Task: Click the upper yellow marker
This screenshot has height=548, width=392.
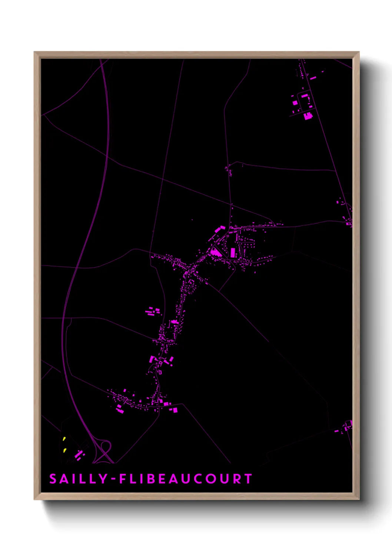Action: [x=64, y=439]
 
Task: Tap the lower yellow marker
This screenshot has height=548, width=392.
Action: [x=64, y=450]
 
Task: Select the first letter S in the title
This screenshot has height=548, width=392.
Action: [x=53, y=479]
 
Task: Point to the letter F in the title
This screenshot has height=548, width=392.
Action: [x=122, y=479]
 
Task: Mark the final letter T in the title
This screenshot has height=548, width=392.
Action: [x=249, y=479]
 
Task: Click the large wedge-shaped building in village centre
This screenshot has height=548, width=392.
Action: [x=215, y=253]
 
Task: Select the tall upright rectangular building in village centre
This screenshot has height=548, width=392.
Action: [x=233, y=253]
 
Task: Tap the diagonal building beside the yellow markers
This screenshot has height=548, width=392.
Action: [x=79, y=454]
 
